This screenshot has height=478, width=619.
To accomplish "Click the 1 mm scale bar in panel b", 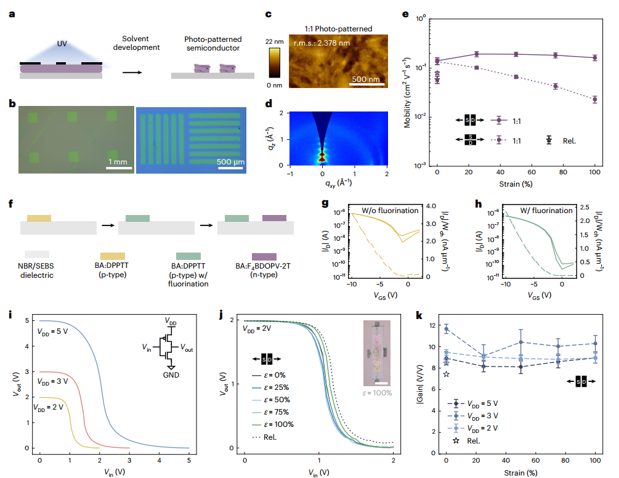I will click(115, 167).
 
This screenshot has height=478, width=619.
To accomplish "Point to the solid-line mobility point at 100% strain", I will click(594, 58).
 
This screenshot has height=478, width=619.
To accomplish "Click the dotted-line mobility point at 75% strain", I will click(556, 86).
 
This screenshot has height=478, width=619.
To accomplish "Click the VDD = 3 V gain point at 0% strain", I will click(447, 330).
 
